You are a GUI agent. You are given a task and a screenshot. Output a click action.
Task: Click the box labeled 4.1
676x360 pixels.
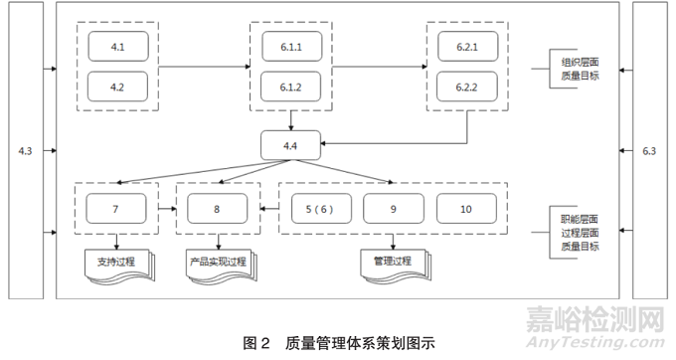[116, 46]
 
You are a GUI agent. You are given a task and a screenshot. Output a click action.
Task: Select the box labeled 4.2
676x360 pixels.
[116, 87]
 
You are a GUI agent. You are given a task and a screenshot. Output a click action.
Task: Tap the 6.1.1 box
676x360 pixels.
[291, 46]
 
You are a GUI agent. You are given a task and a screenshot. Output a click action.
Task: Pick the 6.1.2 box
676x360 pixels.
[291, 87]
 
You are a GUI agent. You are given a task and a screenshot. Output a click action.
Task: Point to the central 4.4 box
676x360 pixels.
[291, 146]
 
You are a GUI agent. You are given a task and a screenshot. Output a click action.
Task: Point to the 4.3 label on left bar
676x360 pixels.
[25, 150]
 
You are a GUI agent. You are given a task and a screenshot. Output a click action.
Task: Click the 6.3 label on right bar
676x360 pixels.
[649, 150]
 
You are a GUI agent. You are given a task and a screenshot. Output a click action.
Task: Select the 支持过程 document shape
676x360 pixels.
[117, 264]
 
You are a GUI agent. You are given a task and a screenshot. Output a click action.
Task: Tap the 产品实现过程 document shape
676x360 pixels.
[218, 264]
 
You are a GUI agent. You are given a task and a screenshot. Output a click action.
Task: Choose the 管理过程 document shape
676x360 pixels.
[392, 264]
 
